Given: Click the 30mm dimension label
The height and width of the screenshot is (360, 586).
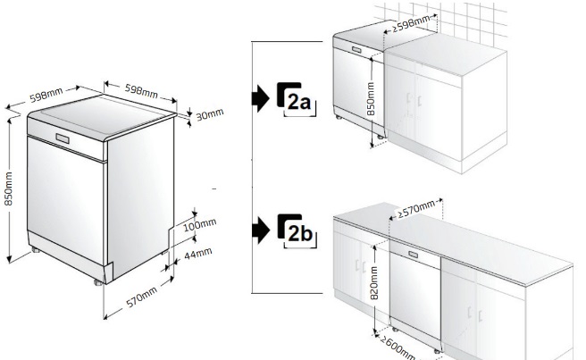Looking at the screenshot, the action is pos(210,114).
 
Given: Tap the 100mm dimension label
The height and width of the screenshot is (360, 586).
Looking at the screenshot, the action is pos(200,224).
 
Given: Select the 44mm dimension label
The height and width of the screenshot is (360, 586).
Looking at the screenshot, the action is pos(198,254).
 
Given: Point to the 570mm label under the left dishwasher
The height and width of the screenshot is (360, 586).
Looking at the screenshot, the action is pos(142,297).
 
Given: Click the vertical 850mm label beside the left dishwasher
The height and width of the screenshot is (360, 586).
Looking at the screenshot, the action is pos(8,188).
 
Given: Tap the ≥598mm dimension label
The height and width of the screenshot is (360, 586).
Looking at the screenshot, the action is pos(411,24).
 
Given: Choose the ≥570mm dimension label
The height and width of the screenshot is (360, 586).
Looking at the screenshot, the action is pos(416,209).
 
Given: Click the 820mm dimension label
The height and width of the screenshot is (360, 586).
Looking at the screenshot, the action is pos(374,282).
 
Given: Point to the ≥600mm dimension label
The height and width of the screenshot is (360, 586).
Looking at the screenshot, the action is pos(398,347).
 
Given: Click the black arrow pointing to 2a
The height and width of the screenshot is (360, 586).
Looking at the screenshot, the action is pos(261,98).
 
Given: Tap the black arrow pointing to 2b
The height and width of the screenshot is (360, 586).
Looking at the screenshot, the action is pos(261,230).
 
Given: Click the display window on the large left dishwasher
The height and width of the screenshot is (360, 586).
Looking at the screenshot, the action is pos(63,138).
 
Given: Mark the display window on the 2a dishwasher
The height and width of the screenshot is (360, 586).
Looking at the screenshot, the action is pos(356,50).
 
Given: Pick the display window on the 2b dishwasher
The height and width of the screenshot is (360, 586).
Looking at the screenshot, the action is pos(414,255).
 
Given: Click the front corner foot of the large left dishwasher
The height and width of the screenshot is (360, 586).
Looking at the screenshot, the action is pos(98,282).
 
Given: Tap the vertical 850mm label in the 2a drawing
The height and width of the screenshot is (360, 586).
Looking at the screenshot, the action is pos(371,99).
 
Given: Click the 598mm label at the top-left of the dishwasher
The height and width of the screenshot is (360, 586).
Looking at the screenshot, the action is pos(46,95).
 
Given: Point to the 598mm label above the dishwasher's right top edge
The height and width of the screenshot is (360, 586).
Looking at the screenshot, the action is pos(141,91).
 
